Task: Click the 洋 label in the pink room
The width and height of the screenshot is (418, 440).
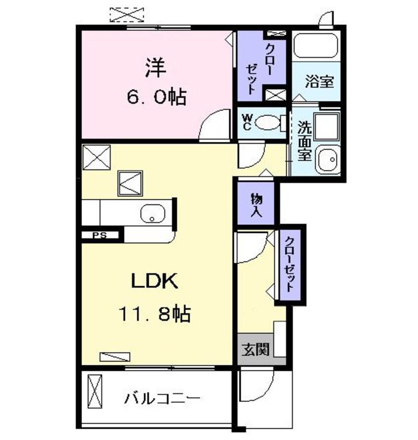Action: [155, 68]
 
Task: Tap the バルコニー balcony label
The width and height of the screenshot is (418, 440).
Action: [163, 397]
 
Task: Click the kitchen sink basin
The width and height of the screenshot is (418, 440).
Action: [152, 214]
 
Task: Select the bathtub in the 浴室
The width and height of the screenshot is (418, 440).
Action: [316, 46]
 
